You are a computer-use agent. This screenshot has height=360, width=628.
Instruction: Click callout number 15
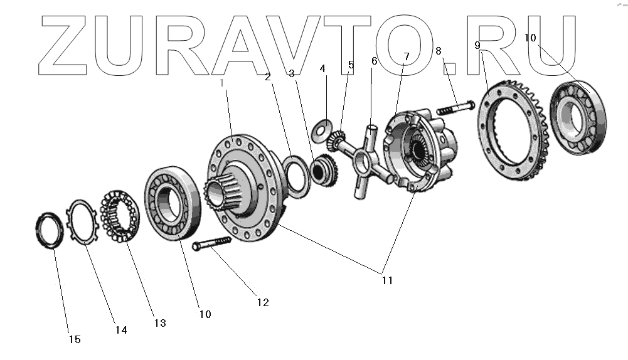point(75,340)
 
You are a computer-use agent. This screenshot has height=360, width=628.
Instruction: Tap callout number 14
point(121,330)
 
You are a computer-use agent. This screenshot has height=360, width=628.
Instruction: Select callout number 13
point(159,323)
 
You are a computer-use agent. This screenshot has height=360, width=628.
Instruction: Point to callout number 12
point(262,302)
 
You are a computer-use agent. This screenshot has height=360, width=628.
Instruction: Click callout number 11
point(387,280)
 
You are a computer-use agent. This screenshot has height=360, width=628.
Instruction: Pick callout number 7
point(406,56)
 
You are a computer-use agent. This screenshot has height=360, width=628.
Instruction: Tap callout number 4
point(322,68)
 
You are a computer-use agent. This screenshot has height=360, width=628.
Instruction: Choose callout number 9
point(477,46)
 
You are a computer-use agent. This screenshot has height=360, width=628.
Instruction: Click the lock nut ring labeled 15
point(49,230)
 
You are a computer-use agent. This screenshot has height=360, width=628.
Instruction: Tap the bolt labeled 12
point(213,244)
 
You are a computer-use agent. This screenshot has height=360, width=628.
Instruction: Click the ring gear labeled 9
point(508,135)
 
